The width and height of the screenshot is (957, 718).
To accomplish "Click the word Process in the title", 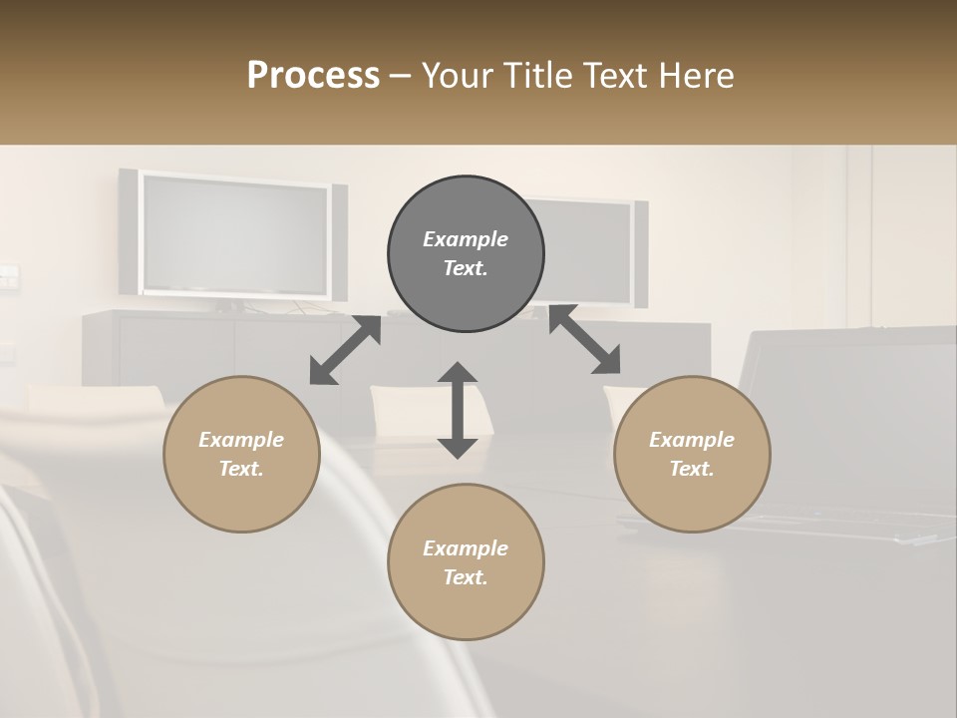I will click(x=313, y=76).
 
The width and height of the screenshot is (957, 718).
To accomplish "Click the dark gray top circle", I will click(x=466, y=254).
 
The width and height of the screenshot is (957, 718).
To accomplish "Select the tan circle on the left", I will click(x=241, y=454).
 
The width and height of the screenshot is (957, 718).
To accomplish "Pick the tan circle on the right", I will click(x=692, y=454).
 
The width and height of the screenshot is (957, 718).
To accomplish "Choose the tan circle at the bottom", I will click(x=466, y=561).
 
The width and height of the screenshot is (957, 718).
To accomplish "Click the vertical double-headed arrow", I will click(x=458, y=410).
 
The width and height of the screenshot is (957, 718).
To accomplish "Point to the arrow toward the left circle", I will click(x=345, y=350).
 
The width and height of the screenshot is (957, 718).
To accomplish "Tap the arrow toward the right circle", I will click(x=585, y=340).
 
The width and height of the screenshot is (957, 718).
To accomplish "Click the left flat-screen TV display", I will click(x=235, y=235).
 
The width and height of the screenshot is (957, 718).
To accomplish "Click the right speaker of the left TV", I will click(x=340, y=242).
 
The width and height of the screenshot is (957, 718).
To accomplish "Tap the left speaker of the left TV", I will click(x=128, y=231).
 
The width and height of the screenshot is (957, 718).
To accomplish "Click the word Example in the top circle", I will click(x=466, y=239).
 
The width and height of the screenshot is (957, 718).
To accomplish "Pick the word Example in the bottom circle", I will click(x=466, y=548).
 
